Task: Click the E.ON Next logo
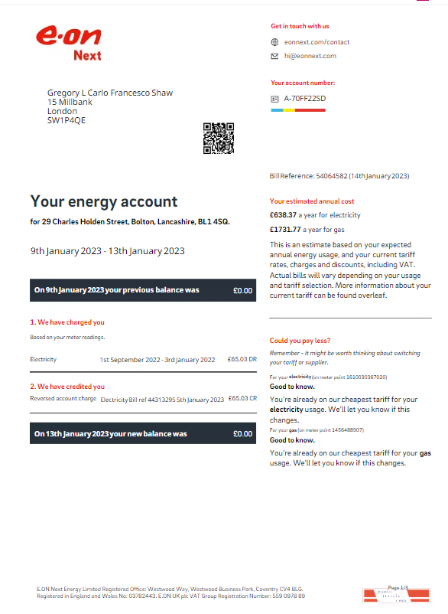68,43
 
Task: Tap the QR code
218,138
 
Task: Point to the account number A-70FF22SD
304,99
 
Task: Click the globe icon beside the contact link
274,42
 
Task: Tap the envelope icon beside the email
274,56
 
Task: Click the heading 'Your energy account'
103,202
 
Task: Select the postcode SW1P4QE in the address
67,120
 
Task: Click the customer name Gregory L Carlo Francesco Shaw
110,93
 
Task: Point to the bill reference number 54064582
332,176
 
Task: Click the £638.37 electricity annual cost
283,215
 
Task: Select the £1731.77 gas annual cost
285,230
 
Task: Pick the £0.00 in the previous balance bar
242,291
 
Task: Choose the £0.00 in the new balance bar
242,434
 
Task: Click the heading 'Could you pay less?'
300,341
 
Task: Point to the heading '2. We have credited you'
67,387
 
